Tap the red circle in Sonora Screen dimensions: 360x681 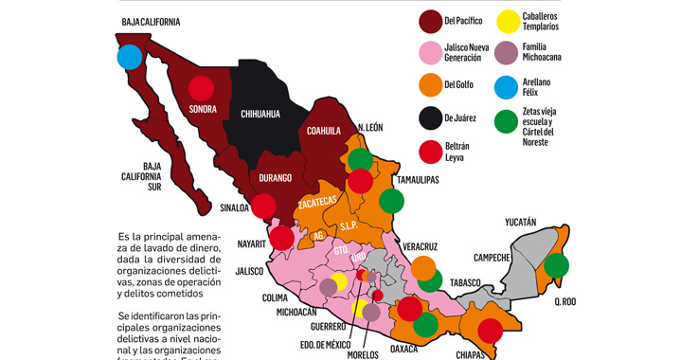[201, 88]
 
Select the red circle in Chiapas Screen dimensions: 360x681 [490, 332]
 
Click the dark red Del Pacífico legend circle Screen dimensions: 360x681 [432, 20]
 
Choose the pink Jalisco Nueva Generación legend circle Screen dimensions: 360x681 [432, 53]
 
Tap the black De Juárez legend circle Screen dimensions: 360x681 [432, 119]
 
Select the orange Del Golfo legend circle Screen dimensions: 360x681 [432, 86]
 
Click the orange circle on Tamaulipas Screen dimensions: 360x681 [390, 201]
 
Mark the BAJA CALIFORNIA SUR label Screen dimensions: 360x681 [134, 177]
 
